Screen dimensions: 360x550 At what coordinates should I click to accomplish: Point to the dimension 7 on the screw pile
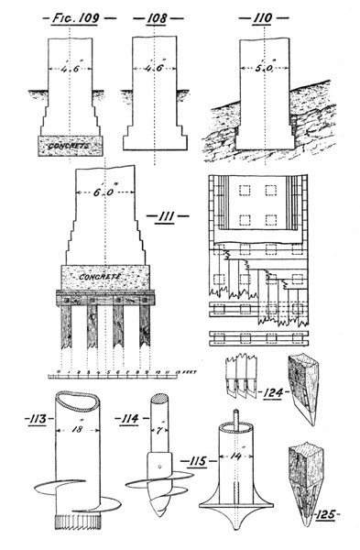(x=158, y=430)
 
